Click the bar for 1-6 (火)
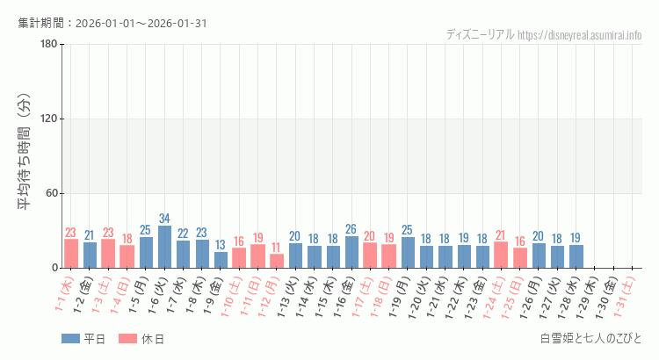164,247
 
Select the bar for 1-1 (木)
71,254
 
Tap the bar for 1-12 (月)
277,261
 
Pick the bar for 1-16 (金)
351,252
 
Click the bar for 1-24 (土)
501,255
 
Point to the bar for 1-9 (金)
221,260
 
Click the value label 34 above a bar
164,219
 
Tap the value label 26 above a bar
351,229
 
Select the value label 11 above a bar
277,248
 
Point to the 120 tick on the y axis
49,119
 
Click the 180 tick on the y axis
49,45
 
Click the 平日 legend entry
83,339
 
